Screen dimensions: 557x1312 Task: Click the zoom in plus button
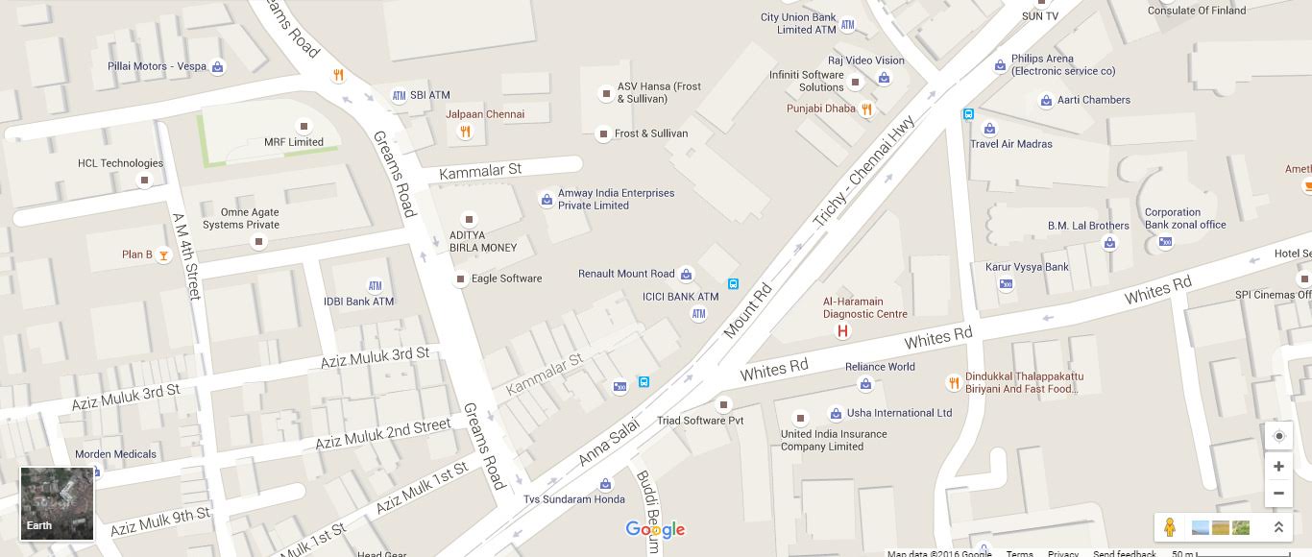click(1278, 467)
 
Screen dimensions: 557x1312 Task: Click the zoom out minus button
click(1278, 494)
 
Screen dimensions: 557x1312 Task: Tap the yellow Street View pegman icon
click(1169, 527)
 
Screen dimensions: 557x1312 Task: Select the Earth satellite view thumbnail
click(58, 503)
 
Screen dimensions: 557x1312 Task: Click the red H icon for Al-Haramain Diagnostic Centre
click(842, 331)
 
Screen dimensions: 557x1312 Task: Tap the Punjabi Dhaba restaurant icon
click(866, 109)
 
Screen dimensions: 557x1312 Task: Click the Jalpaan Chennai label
click(485, 114)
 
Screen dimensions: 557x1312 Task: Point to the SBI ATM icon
click(399, 96)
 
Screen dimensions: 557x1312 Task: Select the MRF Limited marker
click(304, 126)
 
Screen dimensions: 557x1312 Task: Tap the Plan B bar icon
click(164, 254)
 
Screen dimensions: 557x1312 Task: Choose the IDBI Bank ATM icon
click(375, 286)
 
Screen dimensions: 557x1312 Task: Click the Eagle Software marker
click(461, 279)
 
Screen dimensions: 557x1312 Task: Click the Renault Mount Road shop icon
click(686, 275)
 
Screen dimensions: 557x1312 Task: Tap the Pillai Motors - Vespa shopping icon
click(218, 67)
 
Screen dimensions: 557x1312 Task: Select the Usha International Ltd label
click(899, 413)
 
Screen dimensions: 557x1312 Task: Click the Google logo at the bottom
click(655, 529)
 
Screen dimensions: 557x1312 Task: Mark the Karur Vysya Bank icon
click(1006, 284)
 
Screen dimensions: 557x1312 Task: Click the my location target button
click(1278, 436)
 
